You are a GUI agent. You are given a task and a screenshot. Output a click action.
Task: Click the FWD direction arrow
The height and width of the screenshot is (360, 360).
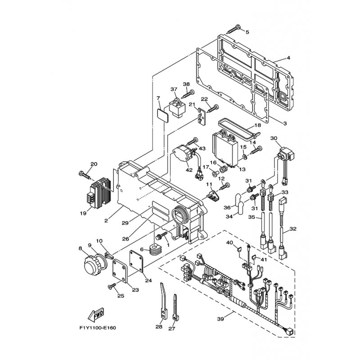tap(96, 314)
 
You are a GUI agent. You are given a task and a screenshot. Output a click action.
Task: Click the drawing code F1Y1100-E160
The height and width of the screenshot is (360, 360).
tap(98, 328)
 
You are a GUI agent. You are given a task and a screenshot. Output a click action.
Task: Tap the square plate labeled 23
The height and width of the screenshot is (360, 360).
tap(120, 271)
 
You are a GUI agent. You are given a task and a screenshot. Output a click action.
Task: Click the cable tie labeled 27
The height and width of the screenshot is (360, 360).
tap(175, 307)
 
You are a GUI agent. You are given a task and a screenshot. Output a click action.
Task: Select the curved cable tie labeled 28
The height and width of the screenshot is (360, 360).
tap(162, 300)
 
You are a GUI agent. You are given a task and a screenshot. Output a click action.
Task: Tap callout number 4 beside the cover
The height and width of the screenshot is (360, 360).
tap(288, 58)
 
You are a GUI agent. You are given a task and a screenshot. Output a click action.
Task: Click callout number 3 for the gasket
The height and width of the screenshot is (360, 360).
tap(285, 123)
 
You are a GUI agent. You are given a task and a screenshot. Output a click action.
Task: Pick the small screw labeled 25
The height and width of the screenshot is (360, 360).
tap(112, 286)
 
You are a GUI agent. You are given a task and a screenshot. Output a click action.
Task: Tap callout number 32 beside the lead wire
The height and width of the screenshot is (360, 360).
tap(293, 229)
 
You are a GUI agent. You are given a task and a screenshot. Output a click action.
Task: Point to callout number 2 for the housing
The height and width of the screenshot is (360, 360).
tap(106, 221)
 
